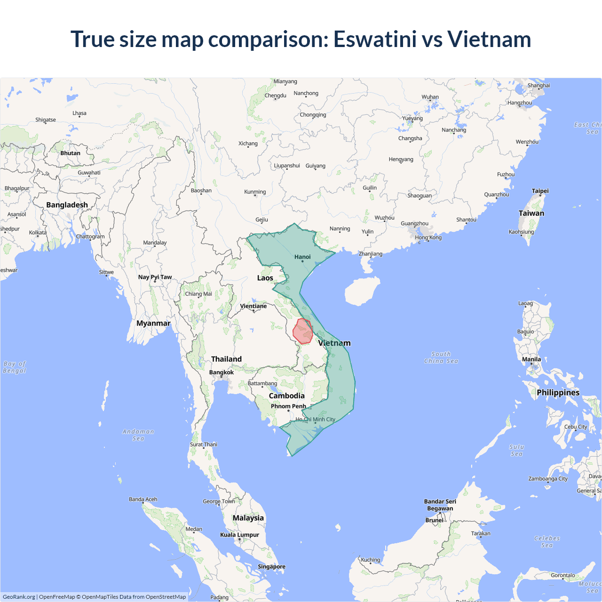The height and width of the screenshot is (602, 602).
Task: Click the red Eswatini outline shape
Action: pos(303,331)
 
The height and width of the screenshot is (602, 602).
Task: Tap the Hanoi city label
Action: pos(302,257)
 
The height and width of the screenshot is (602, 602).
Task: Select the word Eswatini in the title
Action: pos(375,39)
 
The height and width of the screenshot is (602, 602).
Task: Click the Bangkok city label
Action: pos(221,372)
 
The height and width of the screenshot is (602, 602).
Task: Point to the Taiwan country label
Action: pos(531,213)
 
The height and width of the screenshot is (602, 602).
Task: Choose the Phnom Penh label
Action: pos(288,406)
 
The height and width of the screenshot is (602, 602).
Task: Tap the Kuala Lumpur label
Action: pos(239,535)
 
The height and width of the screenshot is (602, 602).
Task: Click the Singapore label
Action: pos(271,567)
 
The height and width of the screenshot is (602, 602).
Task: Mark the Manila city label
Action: pos(531,359)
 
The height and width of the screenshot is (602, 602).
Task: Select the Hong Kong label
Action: pos(428,238)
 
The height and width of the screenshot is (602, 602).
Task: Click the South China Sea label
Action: pos(441,357)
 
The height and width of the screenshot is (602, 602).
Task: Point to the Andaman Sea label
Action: pos(138,435)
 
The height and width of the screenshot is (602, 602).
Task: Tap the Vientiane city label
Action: pos(253,306)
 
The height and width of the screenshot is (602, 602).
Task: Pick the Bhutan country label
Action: pos(70,153)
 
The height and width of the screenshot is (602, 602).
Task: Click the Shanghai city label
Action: pos(539,86)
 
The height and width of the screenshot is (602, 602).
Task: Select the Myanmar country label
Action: pos(153,323)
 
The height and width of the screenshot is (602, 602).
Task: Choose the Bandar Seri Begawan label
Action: pos(440,505)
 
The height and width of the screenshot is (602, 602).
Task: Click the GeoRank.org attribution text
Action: pos(19,597)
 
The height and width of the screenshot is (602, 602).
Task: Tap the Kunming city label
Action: pos(255,192)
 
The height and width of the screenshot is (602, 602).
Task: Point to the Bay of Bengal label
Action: pos(15,367)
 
